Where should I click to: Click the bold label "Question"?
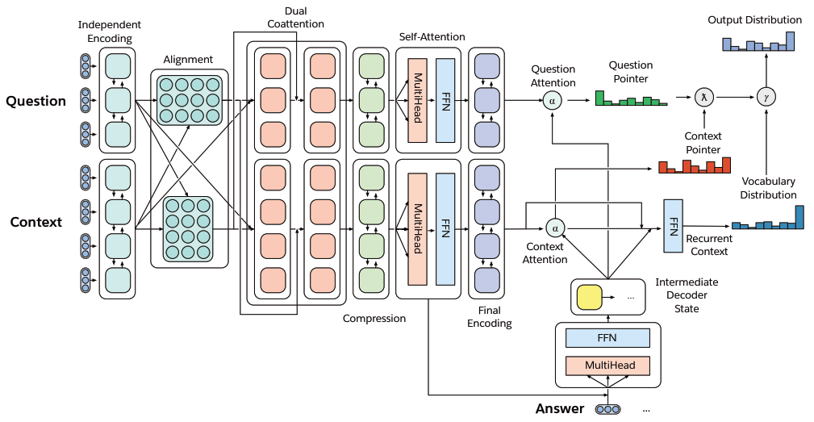pyautogui.click(x=35, y=101)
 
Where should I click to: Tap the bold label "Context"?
pyautogui.click(x=35, y=222)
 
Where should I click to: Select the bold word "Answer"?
pyautogui.click(x=559, y=408)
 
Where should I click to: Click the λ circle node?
pyautogui.click(x=704, y=98)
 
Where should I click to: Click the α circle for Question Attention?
pyautogui.click(x=553, y=100)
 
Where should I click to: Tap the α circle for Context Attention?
pyautogui.click(x=555, y=228)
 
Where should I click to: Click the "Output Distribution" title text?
pyautogui.click(x=754, y=19)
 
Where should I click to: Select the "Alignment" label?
pyautogui.click(x=188, y=60)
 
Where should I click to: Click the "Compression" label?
pyautogui.click(x=374, y=319)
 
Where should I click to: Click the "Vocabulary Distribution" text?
pyautogui.click(x=768, y=188)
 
